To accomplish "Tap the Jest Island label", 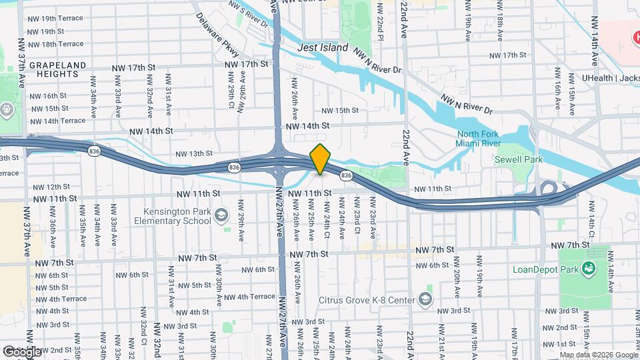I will click(323, 47).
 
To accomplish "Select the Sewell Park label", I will click(518, 159).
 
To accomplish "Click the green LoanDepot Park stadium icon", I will click(588, 269).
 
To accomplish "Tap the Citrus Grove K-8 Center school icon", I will click(425, 299).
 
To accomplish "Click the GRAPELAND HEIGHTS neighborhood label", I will click(58, 71).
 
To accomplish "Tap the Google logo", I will click(21, 351).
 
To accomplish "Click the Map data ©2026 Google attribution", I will click(598, 355).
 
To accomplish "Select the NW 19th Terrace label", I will click(56, 19).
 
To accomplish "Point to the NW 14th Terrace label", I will click(57, 121).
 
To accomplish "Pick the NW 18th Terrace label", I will click(56, 44).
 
